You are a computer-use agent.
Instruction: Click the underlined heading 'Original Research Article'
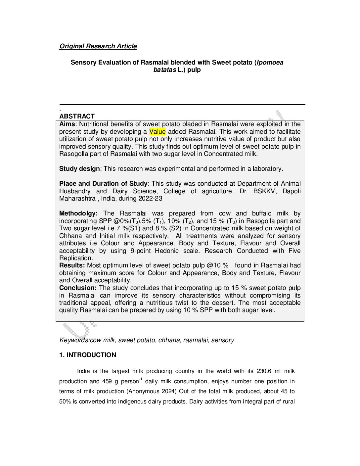click(x=98, y=46)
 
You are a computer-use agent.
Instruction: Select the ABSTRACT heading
click(x=77, y=116)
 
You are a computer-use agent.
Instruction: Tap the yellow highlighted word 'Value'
click(x=157, y=132)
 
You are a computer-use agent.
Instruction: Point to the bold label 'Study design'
click(x=79, y=169)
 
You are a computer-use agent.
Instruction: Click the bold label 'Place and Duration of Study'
click(x=103, y=184)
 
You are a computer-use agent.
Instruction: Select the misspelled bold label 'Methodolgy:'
click(x=78, y=213)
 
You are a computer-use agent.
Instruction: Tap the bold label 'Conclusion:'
click(x=78, y=288)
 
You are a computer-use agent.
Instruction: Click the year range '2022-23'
click(x=151, y=199)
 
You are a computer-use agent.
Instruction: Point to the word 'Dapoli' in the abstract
click(x=292, y=191)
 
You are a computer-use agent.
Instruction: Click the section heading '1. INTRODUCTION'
click(x=88, y=355)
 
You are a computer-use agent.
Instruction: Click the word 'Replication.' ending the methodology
click(x=76, y=258)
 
